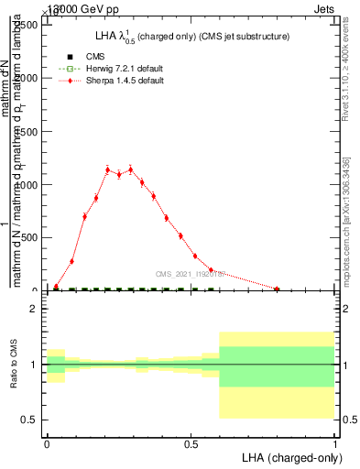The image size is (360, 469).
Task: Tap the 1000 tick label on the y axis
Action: point(27,185)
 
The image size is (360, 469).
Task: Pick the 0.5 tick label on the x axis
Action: point(191,443)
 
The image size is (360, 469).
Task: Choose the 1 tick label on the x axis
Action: point(335,443)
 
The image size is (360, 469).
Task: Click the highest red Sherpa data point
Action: point(130,169)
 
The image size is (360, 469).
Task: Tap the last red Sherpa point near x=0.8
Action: point(277,289)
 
